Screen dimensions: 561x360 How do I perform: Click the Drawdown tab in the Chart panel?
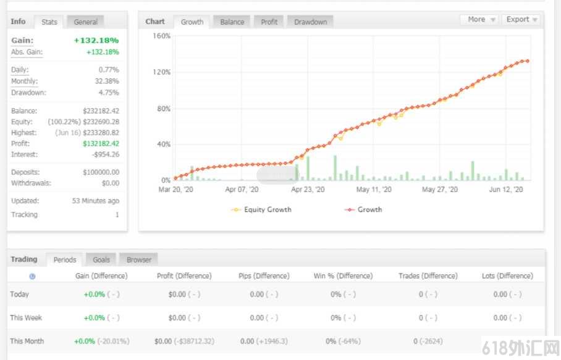[310, 22]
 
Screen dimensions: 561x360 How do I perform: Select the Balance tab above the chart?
[232, 22]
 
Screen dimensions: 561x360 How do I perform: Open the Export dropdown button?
[521, 19]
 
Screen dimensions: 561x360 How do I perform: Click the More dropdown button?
[481, 19]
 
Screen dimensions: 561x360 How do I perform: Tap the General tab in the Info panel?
[85, 22]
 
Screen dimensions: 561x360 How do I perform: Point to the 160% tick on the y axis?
[161, 36]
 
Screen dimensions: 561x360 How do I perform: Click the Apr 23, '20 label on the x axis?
[308, 189]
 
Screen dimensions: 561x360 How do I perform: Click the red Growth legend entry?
[363, 209]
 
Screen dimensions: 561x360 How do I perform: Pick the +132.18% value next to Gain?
[96, 40]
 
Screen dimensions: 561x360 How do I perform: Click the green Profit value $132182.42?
[101, 143]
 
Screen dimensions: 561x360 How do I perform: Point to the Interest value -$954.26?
[106, 154]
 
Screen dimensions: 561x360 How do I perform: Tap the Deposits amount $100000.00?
[101, 172]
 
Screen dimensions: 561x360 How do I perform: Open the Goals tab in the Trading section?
[101, 259]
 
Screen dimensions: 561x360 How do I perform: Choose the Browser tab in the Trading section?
[138, 259]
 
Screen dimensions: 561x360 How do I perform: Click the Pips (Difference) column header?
[264, 275]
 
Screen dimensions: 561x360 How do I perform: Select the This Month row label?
[27, 341]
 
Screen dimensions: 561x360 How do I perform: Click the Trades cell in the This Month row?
[428, 341]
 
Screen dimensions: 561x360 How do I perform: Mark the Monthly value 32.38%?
[107, 81]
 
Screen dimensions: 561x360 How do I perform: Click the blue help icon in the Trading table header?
[32, 276]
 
